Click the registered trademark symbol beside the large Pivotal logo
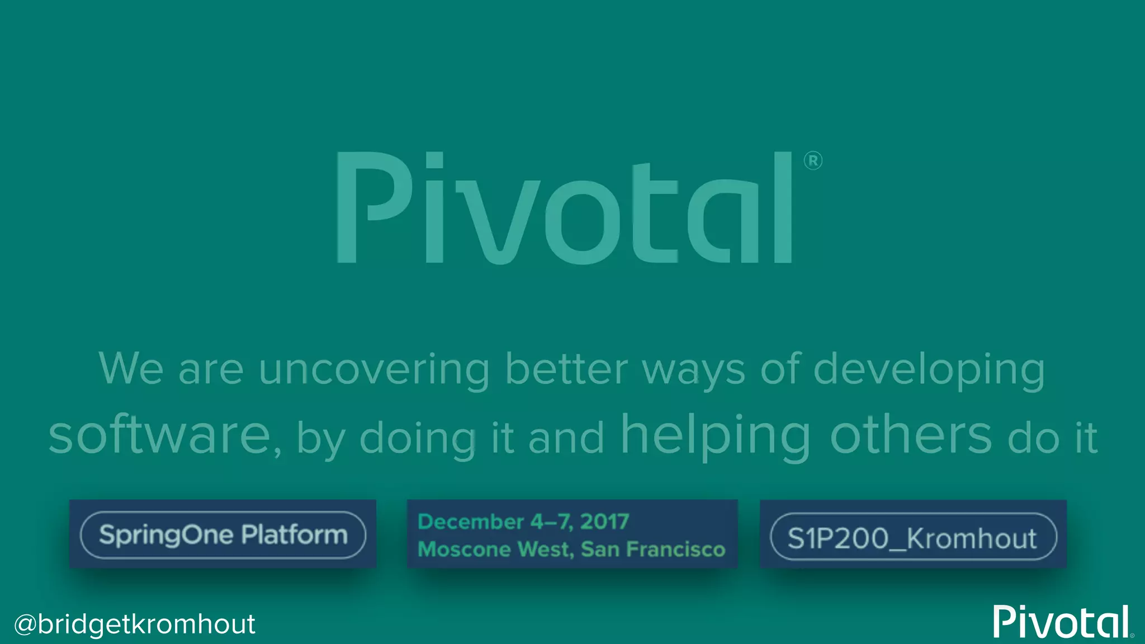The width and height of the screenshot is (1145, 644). pyautogui.click(x=812, y=161)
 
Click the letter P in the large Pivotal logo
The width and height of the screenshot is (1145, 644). pyautogui.click(x=369, y=207)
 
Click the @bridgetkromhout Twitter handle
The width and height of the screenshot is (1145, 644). pyautogui.click(x=135, y=624)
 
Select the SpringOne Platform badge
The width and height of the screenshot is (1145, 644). pyautogui.click(x=223, y=534)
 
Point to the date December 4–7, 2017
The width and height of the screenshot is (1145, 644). pyautogui.click(x=523, y=522)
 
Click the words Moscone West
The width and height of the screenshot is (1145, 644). pyautogui.click(x=495, y=549)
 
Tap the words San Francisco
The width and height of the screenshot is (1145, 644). pyautogui.click(x=653, y=549)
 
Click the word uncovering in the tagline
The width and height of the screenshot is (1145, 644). pyautogui.click(x=373, y=370)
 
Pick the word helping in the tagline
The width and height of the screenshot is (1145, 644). pyautogui.click(x=716, y=435)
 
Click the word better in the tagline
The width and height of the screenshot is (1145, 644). pyautogui.click(x=566, y=370)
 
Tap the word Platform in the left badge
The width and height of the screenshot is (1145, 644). pyautogui.click(x=294, y=534)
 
